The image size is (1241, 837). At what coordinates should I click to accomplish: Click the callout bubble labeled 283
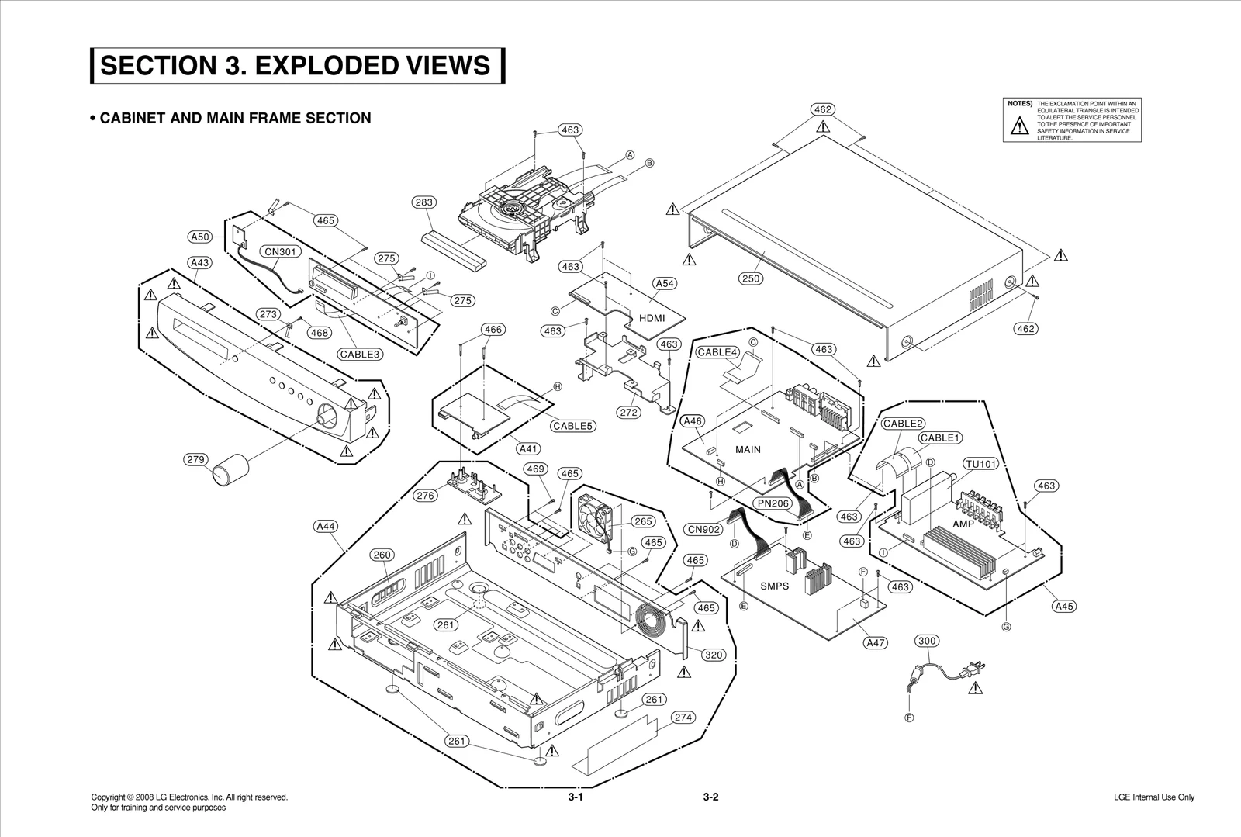(423, 202)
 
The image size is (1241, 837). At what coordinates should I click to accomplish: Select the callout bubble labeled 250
(751, 278)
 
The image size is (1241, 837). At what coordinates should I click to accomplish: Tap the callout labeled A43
(200, 263)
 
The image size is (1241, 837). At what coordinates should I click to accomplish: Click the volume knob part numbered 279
(230, 471)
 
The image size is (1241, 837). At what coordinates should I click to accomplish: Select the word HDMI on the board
(652, 318)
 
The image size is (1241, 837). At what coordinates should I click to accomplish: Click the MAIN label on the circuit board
(748, 450)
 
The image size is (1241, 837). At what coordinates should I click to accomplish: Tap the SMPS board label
(774, 586)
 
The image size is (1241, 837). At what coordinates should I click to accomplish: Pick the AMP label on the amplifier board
(963, 524)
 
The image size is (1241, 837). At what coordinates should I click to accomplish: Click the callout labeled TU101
(981, 464)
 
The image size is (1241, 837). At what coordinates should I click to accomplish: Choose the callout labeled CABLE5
(573, 426)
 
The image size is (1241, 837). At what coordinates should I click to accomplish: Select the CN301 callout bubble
(280, 251)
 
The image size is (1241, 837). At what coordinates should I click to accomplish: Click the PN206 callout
(773, 503)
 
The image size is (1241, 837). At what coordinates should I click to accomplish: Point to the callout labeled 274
(683, 718)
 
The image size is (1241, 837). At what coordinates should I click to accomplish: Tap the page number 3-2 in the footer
(711, 797)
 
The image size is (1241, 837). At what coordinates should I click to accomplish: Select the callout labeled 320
(713, 655)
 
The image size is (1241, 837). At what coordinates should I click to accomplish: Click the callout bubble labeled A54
(665, 284)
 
